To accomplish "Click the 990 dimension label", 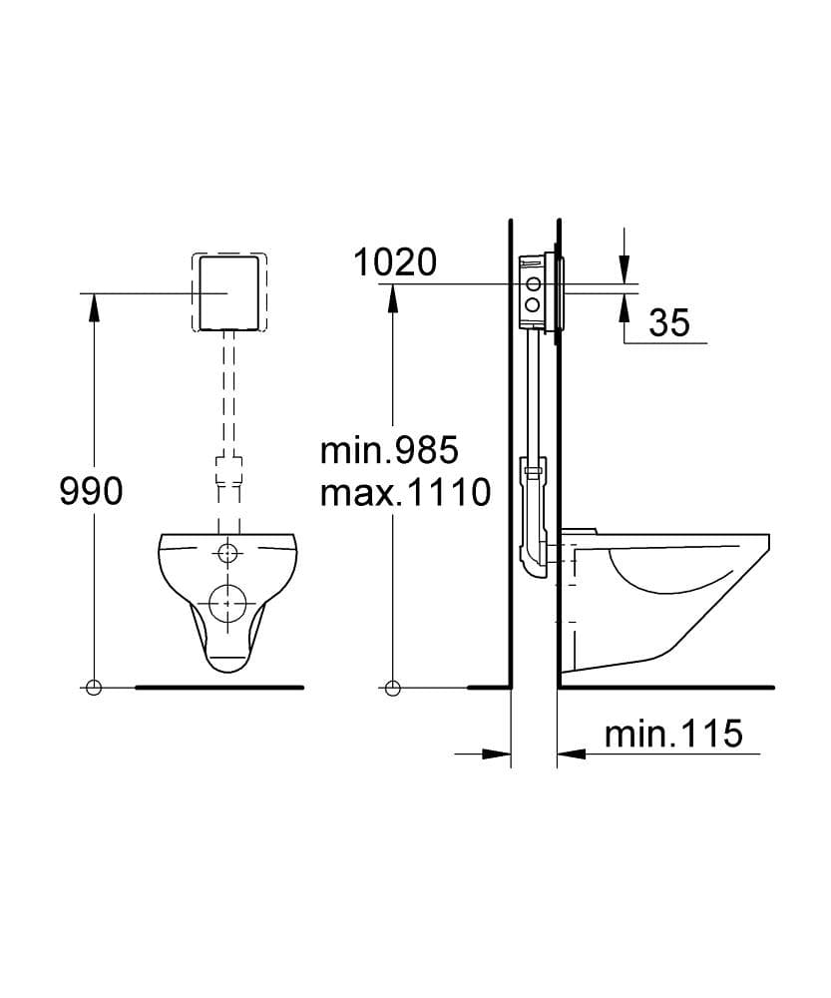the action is (91, 492).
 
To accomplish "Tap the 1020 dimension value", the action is (395, 262).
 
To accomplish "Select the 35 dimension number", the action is (669, 322).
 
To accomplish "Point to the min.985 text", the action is (389, 451).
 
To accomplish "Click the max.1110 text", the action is (405, 492).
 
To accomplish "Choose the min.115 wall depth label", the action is (673, 734).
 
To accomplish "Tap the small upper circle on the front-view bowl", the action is (227, 553).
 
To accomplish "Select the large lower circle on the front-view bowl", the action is (227, 602).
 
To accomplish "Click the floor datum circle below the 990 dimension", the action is (94, 688).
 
